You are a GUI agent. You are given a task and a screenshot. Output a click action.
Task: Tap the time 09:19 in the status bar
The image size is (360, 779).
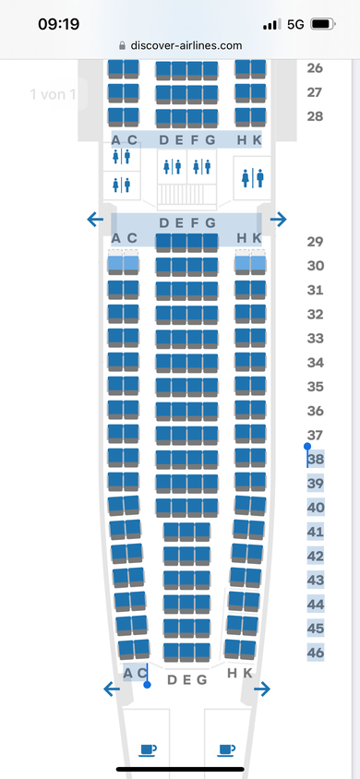pyautogui.click(x=58, y=24)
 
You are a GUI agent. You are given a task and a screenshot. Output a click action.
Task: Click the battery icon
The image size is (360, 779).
pyautogui.click(x=322, y=24)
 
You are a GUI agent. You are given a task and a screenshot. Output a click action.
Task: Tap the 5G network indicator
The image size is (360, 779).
pyautogui.click(x=295, y=24)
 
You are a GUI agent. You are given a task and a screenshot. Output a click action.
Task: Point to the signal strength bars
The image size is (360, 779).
pyautogui.click(x=271, y=24)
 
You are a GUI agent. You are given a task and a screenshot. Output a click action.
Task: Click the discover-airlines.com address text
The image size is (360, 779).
pyautogui.click(x=186, y=46)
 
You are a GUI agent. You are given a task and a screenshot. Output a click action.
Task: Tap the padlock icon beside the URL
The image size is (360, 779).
pyautogui.click(x=123, y=46)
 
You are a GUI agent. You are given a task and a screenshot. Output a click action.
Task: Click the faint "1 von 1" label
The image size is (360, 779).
pyautogui.click(x=54, y=94)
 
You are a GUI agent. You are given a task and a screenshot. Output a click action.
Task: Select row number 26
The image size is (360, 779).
pyautogui.click(x=315, y=68)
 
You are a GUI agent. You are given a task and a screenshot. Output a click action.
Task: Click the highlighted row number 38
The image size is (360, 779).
pyautogui.click(x=316, y=460)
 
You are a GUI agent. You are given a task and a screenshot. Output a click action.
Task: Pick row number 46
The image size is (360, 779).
pyautogui.click(x=316, y=653)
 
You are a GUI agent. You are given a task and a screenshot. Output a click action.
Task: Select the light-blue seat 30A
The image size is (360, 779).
pyautogui.click(x=115, y=265)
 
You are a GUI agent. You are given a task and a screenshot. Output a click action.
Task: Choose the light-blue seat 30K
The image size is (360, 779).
pyautogui.click(x=258, y=265)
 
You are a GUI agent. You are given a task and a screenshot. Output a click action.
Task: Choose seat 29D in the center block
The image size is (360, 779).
pyautogui.click(x=163, y=242)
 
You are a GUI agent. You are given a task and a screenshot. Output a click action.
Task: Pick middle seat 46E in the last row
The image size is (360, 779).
pyautogui.click(x=187, y=652)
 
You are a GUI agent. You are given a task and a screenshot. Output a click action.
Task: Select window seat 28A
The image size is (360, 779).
pyautogui.click(x=115, y=116)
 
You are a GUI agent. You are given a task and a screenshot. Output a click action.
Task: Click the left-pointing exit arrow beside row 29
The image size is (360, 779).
pyautogui.click(x=95, y=219)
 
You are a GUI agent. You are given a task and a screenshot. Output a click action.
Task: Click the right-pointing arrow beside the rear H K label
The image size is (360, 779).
pyautogui.click(x=261, y=689)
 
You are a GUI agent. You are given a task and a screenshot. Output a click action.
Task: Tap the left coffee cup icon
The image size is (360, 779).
pyautogui.click(x=148, y=750)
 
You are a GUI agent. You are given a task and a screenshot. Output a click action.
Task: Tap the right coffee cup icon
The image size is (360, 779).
pyautogui.click(x=226, y=750)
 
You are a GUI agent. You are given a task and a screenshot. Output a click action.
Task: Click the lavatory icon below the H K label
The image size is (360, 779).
pyautogui.click(x=252, y=178)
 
